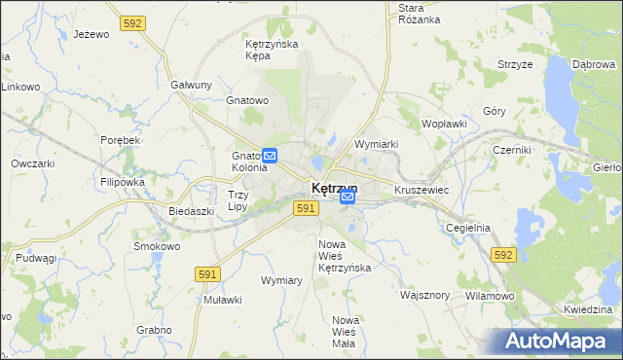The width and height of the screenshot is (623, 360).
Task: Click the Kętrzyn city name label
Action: pos(334,188)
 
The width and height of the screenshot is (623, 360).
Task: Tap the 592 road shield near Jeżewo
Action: pos(133,21)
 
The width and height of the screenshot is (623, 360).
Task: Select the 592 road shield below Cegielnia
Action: pos(502,254)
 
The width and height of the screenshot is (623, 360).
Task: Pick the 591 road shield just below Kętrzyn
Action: pos(306,208)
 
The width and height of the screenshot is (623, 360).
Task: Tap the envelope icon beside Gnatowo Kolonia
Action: pos(271,155)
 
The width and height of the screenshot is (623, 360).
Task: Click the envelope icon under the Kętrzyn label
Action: pos(348,198)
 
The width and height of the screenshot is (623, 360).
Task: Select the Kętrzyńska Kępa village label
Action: pos(271,51)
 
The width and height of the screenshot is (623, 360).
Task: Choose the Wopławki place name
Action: pos(445,125)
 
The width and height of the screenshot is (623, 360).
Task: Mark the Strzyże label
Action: pos(515,65)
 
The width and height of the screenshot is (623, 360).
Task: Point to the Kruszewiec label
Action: pos(421,190)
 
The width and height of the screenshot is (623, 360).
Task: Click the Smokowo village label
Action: pos(157,246)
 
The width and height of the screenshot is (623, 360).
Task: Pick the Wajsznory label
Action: pos(424,293)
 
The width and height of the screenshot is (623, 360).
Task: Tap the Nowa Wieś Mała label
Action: pos(346,332)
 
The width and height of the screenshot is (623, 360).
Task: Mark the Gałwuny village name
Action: pos(191,85)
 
